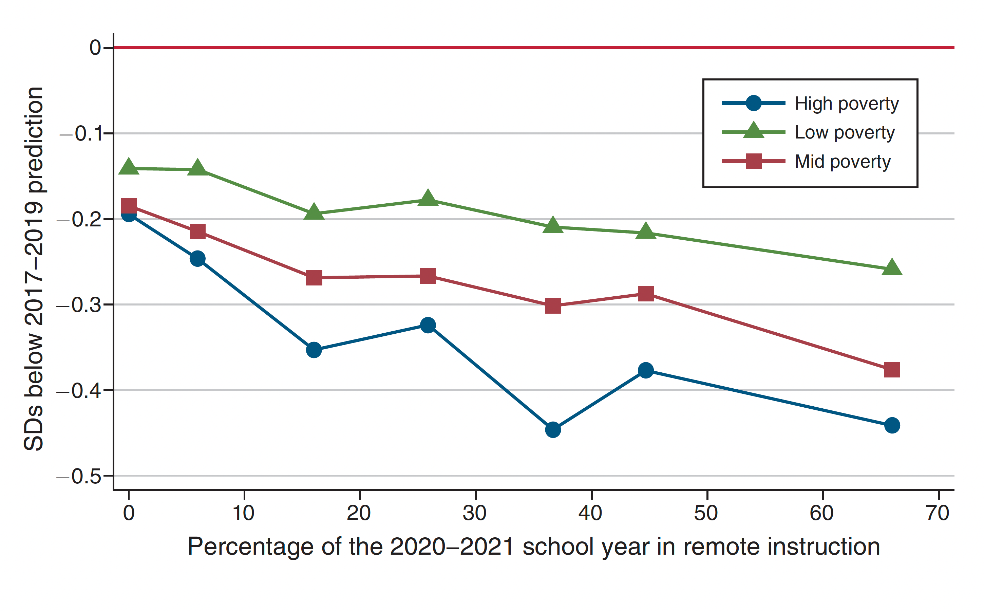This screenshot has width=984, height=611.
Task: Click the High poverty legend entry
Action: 846,104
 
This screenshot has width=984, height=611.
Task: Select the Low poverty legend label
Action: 844,132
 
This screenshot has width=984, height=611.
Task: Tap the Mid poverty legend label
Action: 842,162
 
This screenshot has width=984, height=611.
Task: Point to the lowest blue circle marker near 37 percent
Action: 553,429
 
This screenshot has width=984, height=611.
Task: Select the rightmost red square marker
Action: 891,369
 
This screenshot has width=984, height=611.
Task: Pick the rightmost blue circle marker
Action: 891,425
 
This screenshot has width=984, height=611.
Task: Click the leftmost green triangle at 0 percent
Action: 129,166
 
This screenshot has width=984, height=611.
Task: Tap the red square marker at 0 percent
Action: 129,206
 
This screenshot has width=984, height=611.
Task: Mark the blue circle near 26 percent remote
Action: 428,325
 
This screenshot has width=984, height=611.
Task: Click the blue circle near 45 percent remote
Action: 645,370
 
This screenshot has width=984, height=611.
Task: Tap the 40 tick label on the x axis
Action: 590,513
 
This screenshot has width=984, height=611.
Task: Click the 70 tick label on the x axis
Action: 938,513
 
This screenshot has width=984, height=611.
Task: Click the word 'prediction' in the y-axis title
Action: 34,139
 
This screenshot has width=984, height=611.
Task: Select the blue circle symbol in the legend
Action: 753,103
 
